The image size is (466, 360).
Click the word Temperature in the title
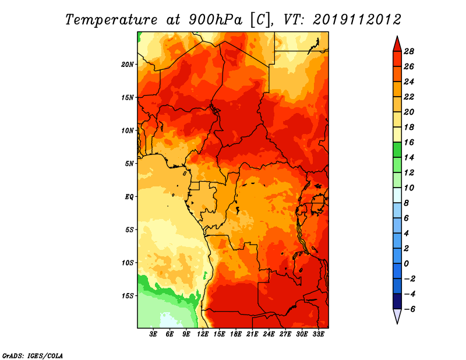coord(111,20)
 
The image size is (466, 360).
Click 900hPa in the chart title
coord(216,20)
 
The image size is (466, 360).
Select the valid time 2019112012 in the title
coord(357,20)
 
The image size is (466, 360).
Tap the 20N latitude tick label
coord(127,65)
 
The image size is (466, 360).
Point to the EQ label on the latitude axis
coord(129,197)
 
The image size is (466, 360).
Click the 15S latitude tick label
coord(128,296)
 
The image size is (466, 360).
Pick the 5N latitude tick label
coord(129,164)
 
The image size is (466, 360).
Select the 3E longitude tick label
coord(153,334)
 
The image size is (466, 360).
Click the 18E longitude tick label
coord(236,334)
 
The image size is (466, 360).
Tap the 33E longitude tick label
coord(318,334)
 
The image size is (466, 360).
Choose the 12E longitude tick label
coord(203,334)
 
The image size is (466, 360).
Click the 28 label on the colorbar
coord(409,51)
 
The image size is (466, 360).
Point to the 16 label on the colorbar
coord(409,142)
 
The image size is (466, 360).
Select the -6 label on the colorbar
coord(409,309)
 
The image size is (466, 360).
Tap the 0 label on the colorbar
coord(406,264)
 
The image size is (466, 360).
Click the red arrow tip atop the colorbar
coord(397,37)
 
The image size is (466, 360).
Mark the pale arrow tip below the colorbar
coord(397,323)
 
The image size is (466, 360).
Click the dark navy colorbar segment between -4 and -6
coord(397,301)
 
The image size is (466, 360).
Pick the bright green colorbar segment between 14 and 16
coord(397,150)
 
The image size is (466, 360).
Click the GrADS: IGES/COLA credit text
coord(33,355)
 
